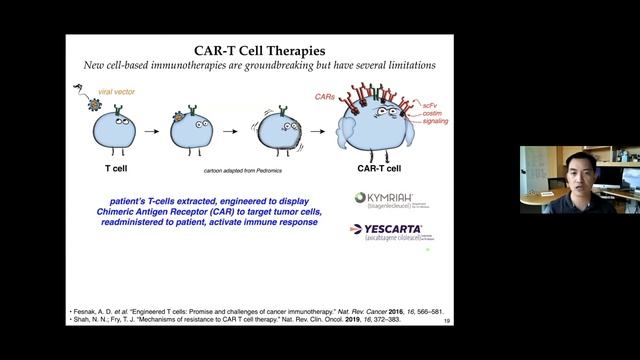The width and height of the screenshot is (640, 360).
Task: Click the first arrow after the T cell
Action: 149,129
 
